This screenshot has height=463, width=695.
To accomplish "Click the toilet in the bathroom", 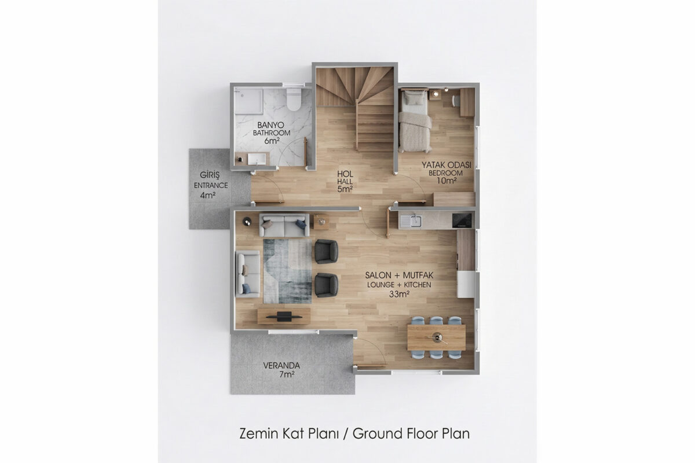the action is tap(294, 98).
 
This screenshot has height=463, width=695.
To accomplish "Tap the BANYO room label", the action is tap(270, 125).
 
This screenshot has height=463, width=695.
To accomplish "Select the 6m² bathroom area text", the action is tap(272, 141).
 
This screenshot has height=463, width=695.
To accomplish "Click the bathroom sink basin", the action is tap(257, 159).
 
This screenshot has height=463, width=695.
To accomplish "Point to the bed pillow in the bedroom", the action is tap(414, 98).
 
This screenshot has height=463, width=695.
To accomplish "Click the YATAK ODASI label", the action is tap(446, 165).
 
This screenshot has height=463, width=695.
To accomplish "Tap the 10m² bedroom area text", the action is tap(446, 181).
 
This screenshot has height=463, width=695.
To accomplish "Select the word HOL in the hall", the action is tap(345, 174).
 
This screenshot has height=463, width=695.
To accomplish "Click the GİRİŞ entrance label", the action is tap(210, 175).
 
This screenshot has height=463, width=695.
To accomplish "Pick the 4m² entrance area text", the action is tap(207, 196).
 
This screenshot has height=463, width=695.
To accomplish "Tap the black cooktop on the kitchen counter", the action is tap(462, 221).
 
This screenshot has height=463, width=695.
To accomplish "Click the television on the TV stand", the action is tap(284, 317).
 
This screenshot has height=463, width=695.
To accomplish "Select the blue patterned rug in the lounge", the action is tap(288, 271).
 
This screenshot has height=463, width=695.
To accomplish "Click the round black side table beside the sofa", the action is tap(247, 222).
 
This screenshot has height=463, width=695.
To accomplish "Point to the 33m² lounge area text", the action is tap(399, 294).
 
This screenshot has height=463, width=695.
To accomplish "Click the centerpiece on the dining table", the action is tap(437, 337).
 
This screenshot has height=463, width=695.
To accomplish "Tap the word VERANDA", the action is tap(281, 366).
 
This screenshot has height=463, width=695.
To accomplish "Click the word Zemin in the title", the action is tap(259, 433).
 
